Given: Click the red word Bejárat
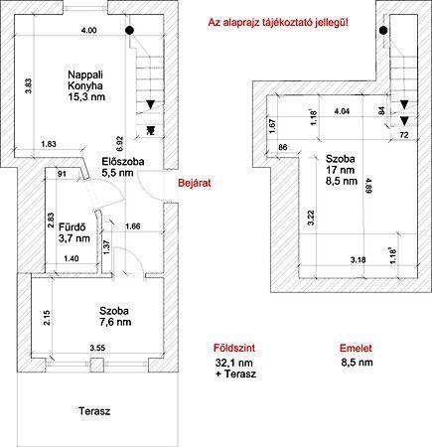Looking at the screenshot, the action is click(x=195, y=183).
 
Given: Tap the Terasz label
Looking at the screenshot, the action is click(x=94, y=411).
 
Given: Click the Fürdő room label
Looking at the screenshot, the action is click(x=72, y=227).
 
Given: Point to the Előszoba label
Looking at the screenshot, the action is click(x=123, y=162).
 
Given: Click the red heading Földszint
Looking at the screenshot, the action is click(x=234, y=348).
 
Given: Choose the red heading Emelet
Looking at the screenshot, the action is click(x=356, y=348).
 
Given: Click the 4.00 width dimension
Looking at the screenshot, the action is click(x=88, y=31).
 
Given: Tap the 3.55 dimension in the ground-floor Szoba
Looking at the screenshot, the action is click(x=97, y=348).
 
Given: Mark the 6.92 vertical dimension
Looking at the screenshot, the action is click(x=120, y=143).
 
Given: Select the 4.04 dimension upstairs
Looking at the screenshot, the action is click(x=342, y=111).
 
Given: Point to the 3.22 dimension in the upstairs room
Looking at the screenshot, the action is click(x=311, y=218).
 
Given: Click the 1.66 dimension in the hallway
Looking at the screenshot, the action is click(x=132, y=226).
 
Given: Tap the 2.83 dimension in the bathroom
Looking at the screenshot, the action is click(x=51, y=220).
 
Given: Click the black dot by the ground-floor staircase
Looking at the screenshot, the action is click(x=130, y=31).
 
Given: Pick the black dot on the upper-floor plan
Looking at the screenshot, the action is click(x=383, y=31).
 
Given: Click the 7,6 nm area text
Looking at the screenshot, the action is click(x=115, y=322).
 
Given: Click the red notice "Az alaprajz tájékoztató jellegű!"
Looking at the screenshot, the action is click(x=278, y=23).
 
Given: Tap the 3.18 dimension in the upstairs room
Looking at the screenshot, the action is click(x=359, y=260).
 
